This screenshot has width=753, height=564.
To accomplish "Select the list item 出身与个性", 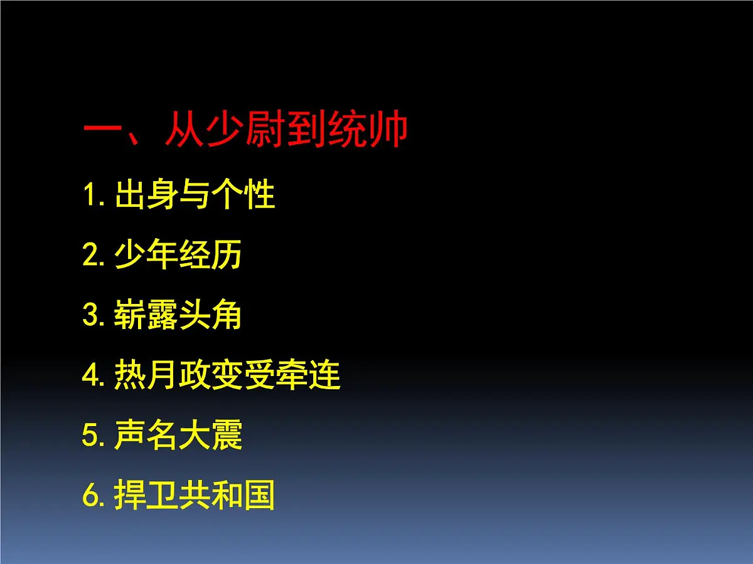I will pos(195,196).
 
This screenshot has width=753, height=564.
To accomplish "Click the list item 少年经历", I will pos(178,256).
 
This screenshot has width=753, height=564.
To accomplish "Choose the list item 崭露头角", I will pos(178,316).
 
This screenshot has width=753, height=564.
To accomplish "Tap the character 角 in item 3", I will pos(227,316).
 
